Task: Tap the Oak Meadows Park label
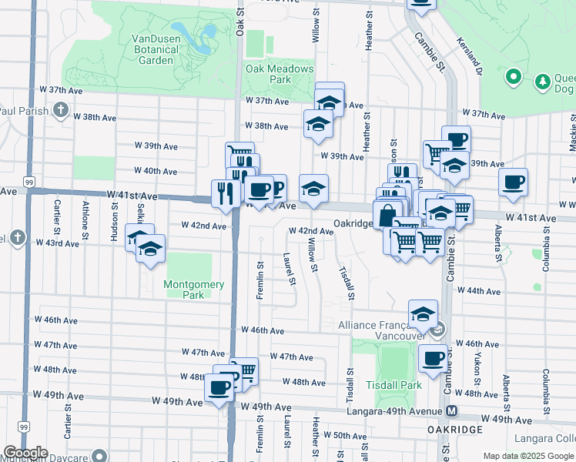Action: click(280, 74)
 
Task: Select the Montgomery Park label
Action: click(194, 290)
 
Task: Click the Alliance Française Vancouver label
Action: click(381, 331)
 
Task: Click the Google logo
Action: click(25, 453)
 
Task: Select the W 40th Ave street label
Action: click(155, 171)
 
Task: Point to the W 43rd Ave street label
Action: click(57, 243)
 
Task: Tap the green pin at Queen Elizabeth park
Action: click(514, 78)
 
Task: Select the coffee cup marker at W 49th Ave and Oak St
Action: click(219, 387)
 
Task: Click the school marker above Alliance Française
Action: click(423, 312)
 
